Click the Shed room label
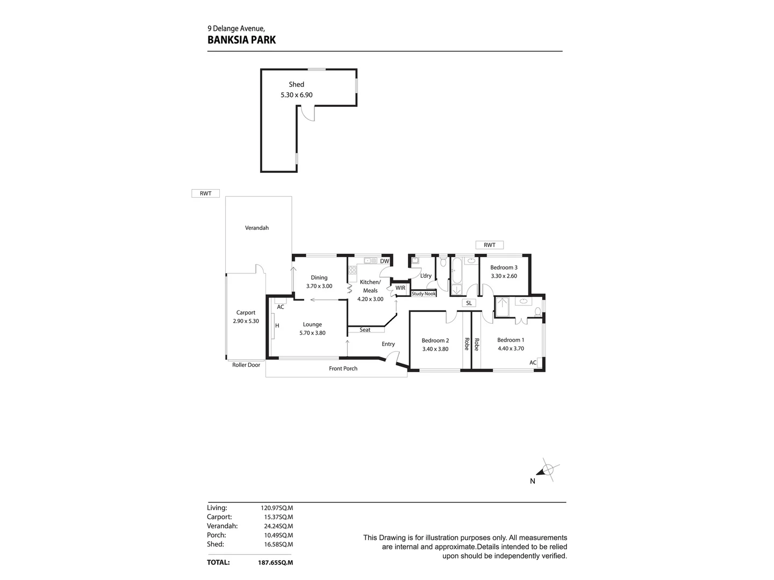click(x=296, y=84)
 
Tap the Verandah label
click(x=257, y=228)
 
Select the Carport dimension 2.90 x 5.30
click(x=246, y=321)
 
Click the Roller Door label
click(x=246, y=365)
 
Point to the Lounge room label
click(x=312, y=324)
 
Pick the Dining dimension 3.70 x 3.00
click(x=319, y=286)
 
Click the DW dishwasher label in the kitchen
click(x=384, y=262)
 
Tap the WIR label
click(x=400, y=288)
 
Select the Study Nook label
click(x=424, y=294)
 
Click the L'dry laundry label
click(x=426, y=276)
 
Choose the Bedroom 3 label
click(x=504, y=267)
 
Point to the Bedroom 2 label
click(x=435, y=340)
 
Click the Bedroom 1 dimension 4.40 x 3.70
click(x=511, y=349)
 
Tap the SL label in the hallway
click(x=469, y=303)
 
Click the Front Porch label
click(x=343, y=368)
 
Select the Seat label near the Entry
click(x=365, y=330)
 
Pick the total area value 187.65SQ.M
click(x=275, y=563)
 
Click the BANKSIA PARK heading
click(x=241, y=40)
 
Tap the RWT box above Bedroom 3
click(x=489, y=245)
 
